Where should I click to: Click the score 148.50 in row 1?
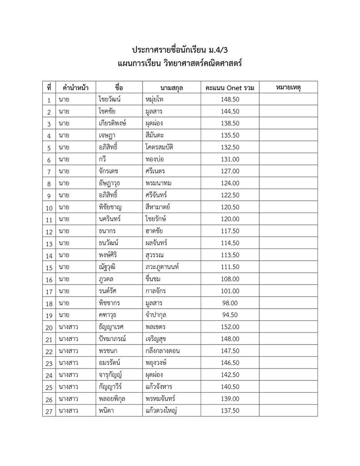click(x=229, y=100)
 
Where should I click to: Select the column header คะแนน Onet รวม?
click(x=229, y=88)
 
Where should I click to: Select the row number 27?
click(x=49, y=410)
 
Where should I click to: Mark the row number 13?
click(x=49, y=243)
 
